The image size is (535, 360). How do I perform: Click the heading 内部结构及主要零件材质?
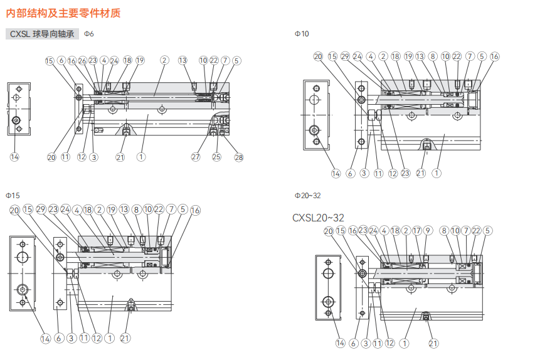tap(63, 12)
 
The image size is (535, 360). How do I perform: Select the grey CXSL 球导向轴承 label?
tap(43, 34)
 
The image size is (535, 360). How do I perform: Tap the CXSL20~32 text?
tap(318, 218)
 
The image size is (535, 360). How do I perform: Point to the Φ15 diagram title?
tap(13, 195)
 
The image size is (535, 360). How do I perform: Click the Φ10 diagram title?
tap(302, 34)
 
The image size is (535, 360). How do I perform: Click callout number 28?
tap(238, 157)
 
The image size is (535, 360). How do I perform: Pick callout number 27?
tap(196, 157)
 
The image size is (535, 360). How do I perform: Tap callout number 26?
tap(82, 61)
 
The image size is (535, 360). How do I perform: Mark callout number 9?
tap(428, 231)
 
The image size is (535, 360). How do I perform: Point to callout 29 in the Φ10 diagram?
tap(345, 56)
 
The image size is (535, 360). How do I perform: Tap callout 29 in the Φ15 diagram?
tap(41, 209)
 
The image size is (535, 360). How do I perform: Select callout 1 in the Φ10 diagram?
tap(437, 172)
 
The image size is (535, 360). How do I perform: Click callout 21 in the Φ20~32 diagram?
tap(433, 343)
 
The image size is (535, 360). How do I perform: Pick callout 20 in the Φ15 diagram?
tap(14, 211)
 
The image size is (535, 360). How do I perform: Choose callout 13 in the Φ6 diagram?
tap(183, 61)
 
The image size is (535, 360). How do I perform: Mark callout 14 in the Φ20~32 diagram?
tap(340, 343)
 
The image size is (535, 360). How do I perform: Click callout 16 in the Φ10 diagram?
tap(494, 56)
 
